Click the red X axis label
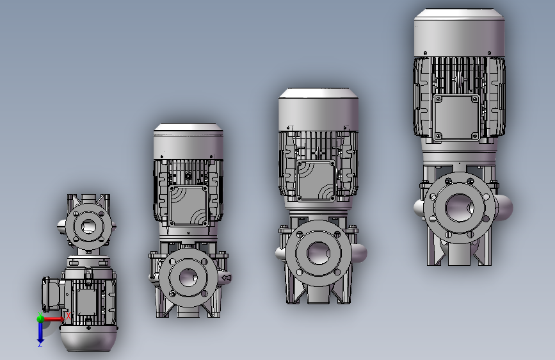(68, 315)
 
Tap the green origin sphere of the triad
(40, 318)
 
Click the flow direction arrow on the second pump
(227, 278)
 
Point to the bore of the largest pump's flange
(459, 208)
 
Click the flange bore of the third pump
(318, 253)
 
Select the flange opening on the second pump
(188, 277)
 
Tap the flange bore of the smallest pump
(88, 226)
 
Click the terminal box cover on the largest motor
(456, 117)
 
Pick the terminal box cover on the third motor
(316, 181)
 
